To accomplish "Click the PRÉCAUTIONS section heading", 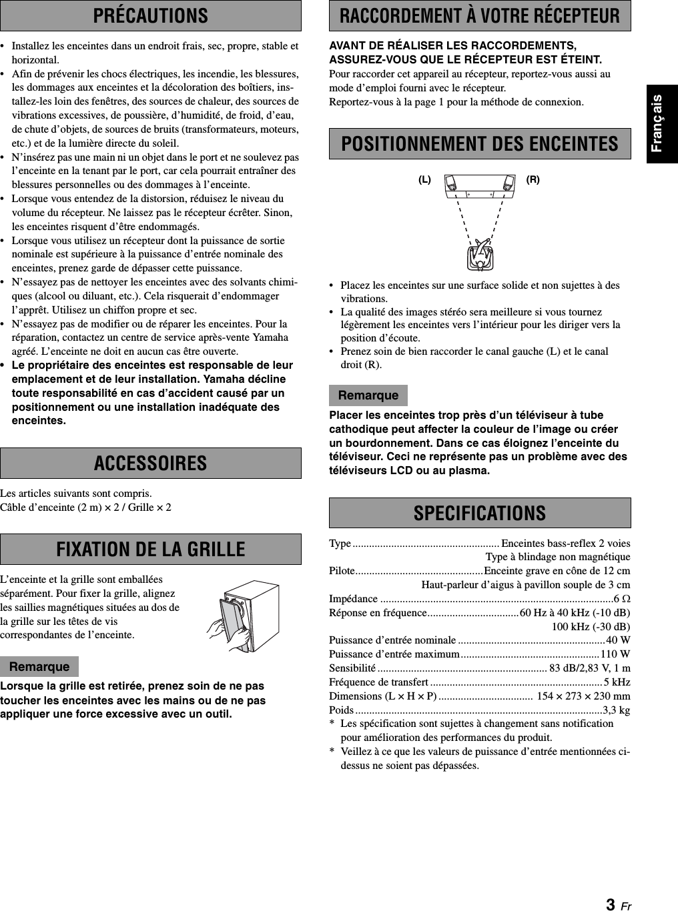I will tap(150, 15).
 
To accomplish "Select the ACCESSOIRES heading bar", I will tap(150, 463).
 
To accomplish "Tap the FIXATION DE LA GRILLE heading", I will tap(150, 550).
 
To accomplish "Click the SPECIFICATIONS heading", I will tap(480, 513).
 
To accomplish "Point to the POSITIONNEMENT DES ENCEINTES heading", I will tap(480, 143).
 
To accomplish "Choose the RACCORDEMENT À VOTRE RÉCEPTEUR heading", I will tap(480, 15).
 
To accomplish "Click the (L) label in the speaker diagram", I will tap(425, 180).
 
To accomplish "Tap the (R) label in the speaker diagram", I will tap(533, 180).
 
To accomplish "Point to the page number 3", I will tap(611, 904).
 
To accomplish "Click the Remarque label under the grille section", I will tap(39, 667).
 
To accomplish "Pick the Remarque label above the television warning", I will tap(368, 395).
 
